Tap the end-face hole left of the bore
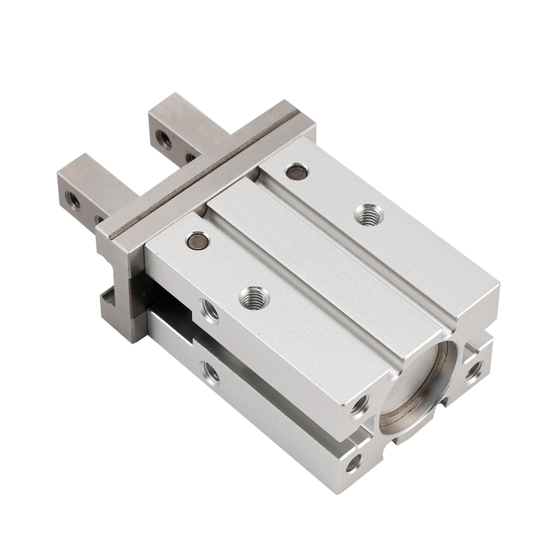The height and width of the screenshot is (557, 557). click(x=360, y=406)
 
